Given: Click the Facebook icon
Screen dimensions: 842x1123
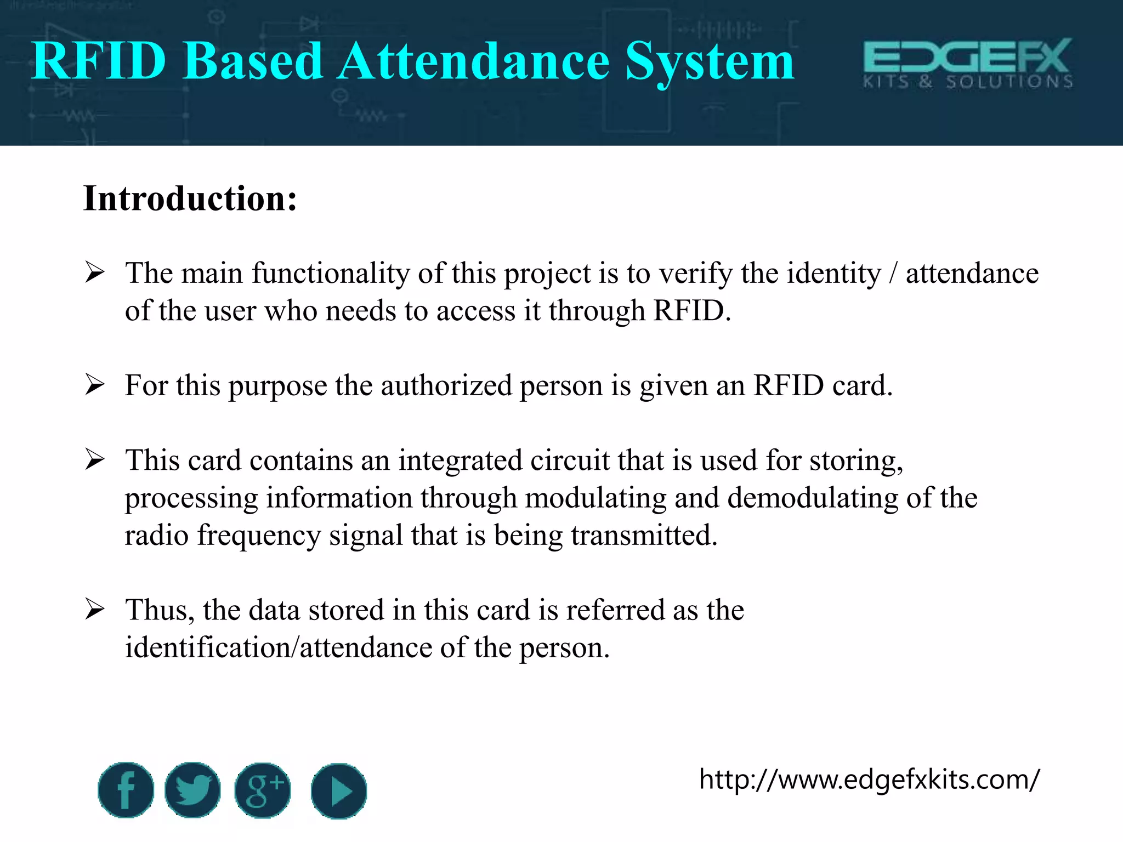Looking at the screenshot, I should pos(126,790).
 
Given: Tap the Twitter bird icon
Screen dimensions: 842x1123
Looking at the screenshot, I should pos(192,790).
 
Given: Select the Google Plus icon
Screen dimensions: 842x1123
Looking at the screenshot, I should pos(263,790).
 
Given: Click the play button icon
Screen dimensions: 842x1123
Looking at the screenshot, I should pos(338,791).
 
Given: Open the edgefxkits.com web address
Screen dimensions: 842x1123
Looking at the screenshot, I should pos(869,780).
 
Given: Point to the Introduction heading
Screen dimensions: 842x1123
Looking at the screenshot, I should pos(190,198).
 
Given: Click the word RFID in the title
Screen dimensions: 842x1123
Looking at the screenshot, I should pos(99,61).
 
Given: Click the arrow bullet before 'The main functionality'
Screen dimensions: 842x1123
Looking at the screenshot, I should pos(95,272).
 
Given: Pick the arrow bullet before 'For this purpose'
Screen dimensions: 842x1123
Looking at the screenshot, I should pos(95,385).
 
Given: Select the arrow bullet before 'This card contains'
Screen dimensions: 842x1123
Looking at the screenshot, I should pos(95,459).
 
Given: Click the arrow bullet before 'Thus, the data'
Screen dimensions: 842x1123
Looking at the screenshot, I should pos(95,610).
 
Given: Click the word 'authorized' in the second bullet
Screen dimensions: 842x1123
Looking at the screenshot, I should pos(446,385).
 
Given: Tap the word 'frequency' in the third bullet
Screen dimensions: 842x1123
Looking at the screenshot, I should pos(259,535).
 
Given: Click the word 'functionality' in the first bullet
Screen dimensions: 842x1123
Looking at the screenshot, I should pos(330,273).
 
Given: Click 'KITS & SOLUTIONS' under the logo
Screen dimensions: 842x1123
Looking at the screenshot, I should pos(967,82).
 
